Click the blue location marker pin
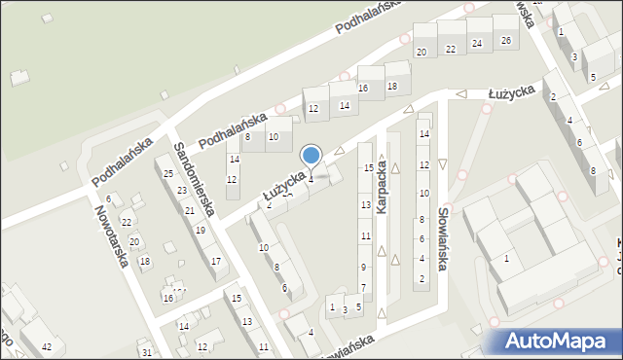pyautogui.click(x=311, y=156)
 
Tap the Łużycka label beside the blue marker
pyautogui.click(x=284, y=185)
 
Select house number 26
pyautogui.click(x=505, y=41)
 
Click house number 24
pyautogui.click(x=476, y=44)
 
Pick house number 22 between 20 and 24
pyautogui.click(x=450, y=49)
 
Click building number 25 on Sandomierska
pyautogui.click(x=168, y=173)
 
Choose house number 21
pyautogui.click(x=189, y=210)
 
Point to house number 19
pyautogui.click(x=200, y=231)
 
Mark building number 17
pyautogui.click(x=215, y=261)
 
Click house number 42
pyautogui.click(x=47, y=345)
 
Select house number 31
pyautogui.click(x=146, y=352)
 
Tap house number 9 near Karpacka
pyautogui.click(x=363, y=267)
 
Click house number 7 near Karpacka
pyautogui.click(x=363, y=287)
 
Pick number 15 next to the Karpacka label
pyautogui.click(x=369, y=167)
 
